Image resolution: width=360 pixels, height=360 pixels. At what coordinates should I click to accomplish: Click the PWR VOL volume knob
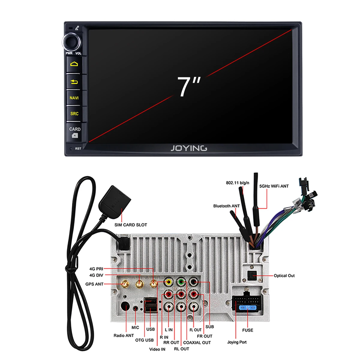tap(72, 42)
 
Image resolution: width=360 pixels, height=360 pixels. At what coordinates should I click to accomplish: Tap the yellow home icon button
tap(74, 64)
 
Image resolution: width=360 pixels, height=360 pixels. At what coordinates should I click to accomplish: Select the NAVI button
tap(74, 98)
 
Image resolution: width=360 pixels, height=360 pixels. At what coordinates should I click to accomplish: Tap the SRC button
tap(74, 114)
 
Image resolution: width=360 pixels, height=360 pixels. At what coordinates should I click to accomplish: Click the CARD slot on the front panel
tap(75, 132)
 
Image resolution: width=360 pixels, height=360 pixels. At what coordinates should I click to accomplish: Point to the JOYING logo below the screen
tap(189, 148)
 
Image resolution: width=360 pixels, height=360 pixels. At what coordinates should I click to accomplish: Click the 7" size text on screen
tap(188, 87)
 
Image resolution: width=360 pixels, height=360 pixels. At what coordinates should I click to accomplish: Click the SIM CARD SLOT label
tap(130, 225)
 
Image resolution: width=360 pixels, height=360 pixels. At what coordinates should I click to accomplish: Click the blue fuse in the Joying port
tap(247, 308)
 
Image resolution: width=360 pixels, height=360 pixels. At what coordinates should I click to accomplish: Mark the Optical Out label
tap(284, 275)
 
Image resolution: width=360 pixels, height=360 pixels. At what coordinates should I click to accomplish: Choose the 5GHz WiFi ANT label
tap(274, 186)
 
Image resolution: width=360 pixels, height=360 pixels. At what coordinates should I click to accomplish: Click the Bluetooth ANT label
tap(226, 206)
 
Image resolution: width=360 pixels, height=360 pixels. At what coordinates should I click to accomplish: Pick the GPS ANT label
tap(94, 284)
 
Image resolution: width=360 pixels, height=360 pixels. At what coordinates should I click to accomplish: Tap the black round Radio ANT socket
tap(124, 307)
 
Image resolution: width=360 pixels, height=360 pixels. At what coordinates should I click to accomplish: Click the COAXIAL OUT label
tap(197, 342)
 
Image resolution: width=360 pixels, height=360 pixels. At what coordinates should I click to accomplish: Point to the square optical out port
tap(251, 274)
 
